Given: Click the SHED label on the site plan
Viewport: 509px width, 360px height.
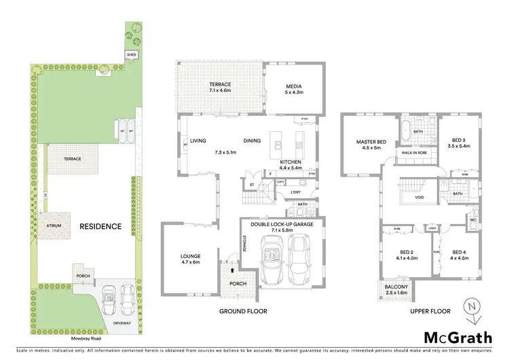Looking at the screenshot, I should tap(131, 54).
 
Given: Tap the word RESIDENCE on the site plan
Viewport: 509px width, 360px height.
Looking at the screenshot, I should tap(100, 226).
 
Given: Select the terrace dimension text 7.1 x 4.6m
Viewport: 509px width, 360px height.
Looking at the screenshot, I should tap(220, 90).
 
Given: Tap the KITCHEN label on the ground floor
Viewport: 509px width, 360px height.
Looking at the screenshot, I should tap(290, 162).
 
